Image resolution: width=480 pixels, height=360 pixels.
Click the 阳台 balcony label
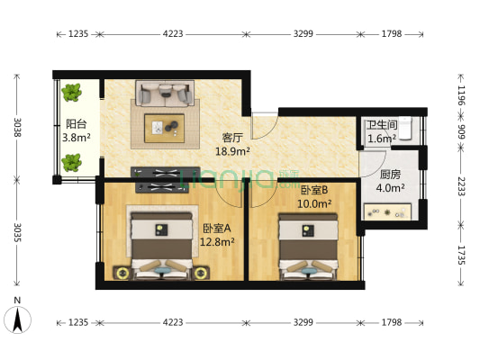tap(76, 125)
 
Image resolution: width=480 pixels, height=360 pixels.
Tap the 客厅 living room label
tap(232, 139)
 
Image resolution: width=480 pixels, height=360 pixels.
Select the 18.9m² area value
tap(232, 152)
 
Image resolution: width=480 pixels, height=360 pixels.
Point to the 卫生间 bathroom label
tap(381, 126)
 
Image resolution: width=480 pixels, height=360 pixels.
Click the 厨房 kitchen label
tap(390, 175)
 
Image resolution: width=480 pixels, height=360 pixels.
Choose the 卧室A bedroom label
tap(218, 228)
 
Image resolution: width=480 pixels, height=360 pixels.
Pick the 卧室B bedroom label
tap(314, 190)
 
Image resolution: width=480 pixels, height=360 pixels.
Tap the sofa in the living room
tap(164, 93)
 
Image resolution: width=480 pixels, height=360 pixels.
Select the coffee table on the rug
tap(164, 127)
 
